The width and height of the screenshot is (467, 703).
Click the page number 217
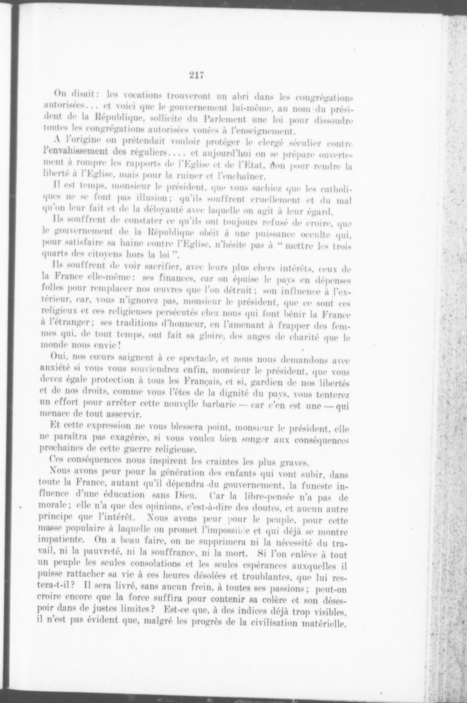coord(197,75)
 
